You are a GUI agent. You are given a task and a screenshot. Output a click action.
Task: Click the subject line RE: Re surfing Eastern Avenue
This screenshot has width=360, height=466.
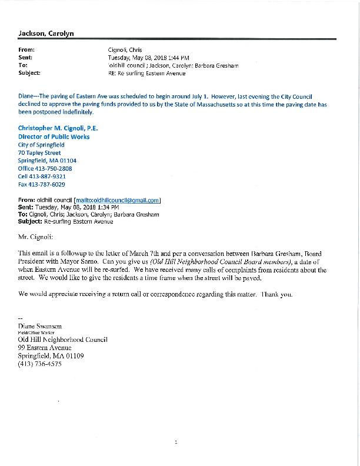tap(147, 73)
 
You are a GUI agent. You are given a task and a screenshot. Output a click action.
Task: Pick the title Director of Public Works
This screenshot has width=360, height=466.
tap(54, 136)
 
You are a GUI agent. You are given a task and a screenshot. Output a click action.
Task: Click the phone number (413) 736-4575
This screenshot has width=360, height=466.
tap(40, 364)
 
